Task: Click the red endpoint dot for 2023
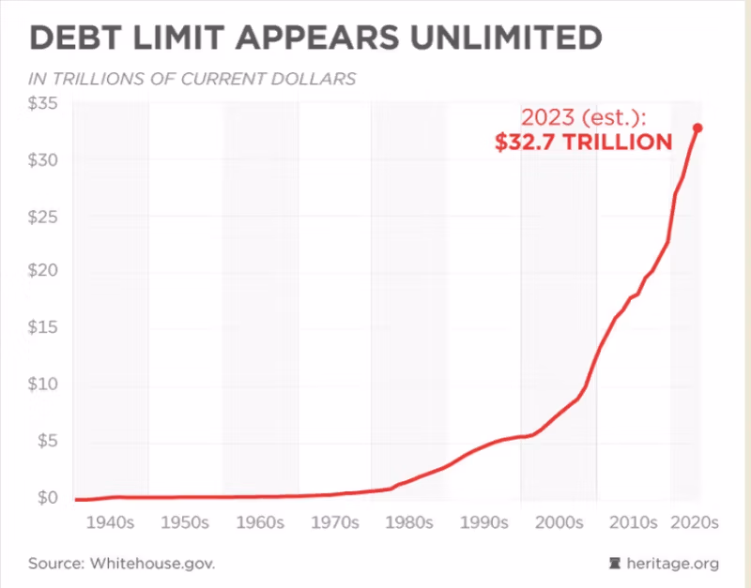pyautogui.click(x=697, y=128)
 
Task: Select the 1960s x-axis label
pyautogui.click(x=258, y=522)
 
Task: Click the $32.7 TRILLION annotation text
pyautogui.click(x=584, y=143)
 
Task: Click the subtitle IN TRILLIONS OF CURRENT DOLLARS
pyautogui.click(x=193, y=79)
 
